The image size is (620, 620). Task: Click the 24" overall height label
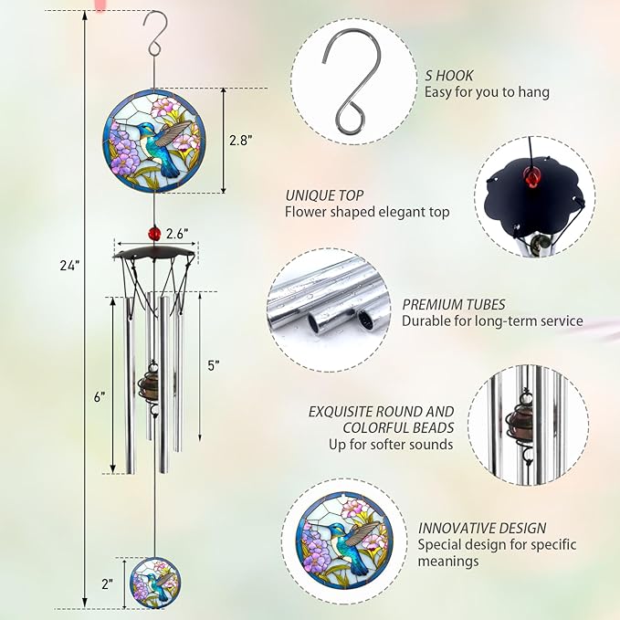click(70, 265)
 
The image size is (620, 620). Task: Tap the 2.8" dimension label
click(239, 140)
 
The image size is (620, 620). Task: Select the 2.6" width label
click(179, 234)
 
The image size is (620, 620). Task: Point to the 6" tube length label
click(100, 397)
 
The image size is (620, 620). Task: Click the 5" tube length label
click(214, 365)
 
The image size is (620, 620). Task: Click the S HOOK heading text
click(449, 76)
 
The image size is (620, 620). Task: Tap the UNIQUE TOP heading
click(324, 195)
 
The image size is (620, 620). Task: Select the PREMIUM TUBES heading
click(454, 305)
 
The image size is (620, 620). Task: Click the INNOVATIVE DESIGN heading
click(482, 528)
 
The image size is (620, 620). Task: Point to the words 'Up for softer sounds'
click(391, 444)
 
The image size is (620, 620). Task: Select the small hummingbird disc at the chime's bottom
click(152, 582)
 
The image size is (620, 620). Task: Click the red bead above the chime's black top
click(153, 234)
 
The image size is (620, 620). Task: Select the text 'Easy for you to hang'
click(487, 92)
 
